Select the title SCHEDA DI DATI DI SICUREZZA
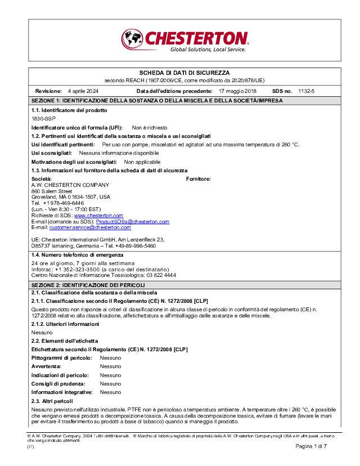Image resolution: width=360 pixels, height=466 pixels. [184, 73]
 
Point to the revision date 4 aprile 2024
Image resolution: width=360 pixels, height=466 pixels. [83, 91]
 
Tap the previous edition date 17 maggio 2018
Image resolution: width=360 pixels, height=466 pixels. [237, 91]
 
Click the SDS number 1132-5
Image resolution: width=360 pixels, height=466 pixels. [307, 91]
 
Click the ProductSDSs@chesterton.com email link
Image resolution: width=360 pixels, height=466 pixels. [136, 222]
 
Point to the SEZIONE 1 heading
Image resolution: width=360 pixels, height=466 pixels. [157, 100]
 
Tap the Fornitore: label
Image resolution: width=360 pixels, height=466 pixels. [198, 178]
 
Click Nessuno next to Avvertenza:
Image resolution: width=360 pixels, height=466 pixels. [110, 366]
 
